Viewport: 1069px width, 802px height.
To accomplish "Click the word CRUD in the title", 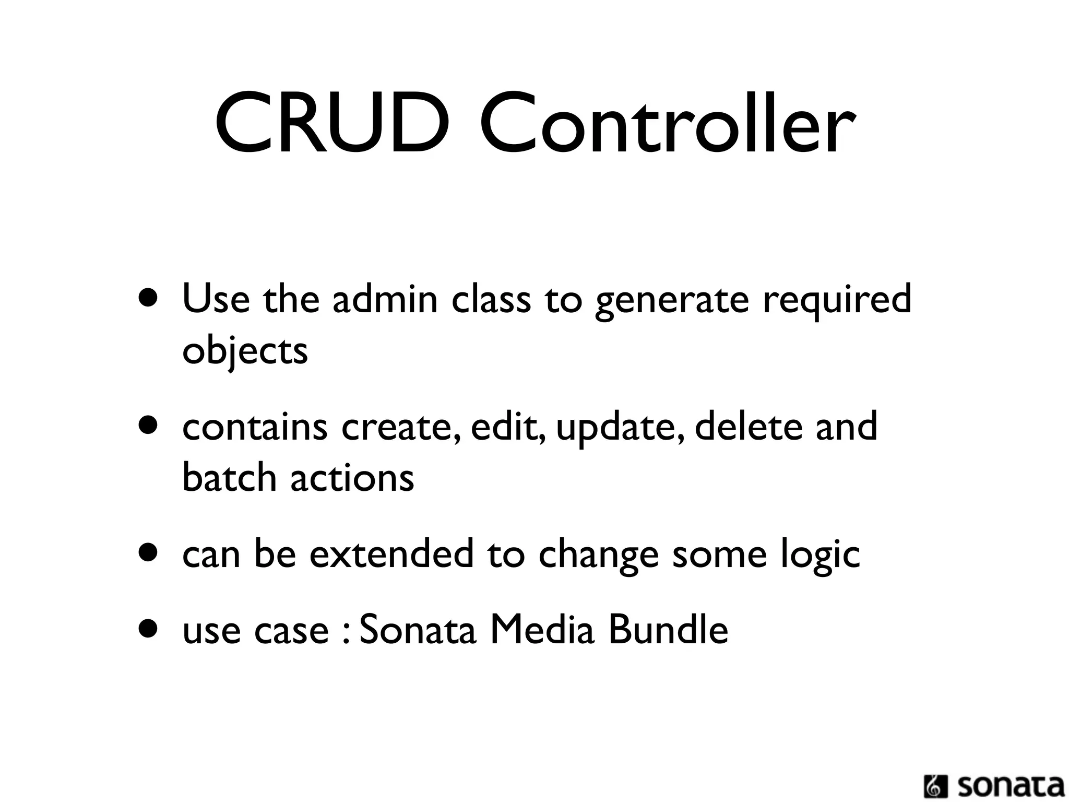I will point(332,123).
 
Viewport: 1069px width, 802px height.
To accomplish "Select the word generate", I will point(672,301).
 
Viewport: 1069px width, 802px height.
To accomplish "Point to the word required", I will point(837,301).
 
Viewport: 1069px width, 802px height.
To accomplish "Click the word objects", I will point(245,351).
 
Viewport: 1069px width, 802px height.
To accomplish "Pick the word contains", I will point(255,427).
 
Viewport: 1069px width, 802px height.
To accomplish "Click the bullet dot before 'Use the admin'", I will point(148,299).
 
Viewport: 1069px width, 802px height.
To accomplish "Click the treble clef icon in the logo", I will point(935,787).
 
